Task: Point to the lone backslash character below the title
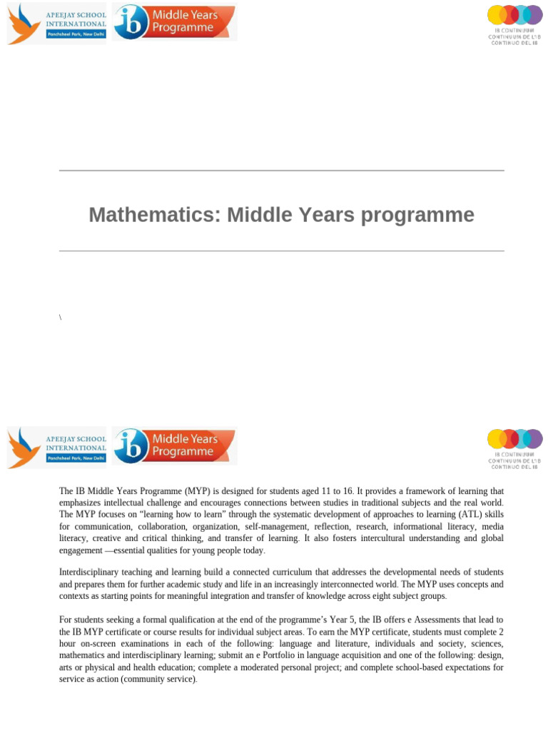(x=61, y=316)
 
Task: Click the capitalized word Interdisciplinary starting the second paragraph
(x=91, y=573)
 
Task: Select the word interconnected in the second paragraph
(x=342, y=584)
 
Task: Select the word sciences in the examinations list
(x=486, y=643)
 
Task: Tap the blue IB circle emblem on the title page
(x=131, y=23)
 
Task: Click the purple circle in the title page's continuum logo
(x=534, y=14)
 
